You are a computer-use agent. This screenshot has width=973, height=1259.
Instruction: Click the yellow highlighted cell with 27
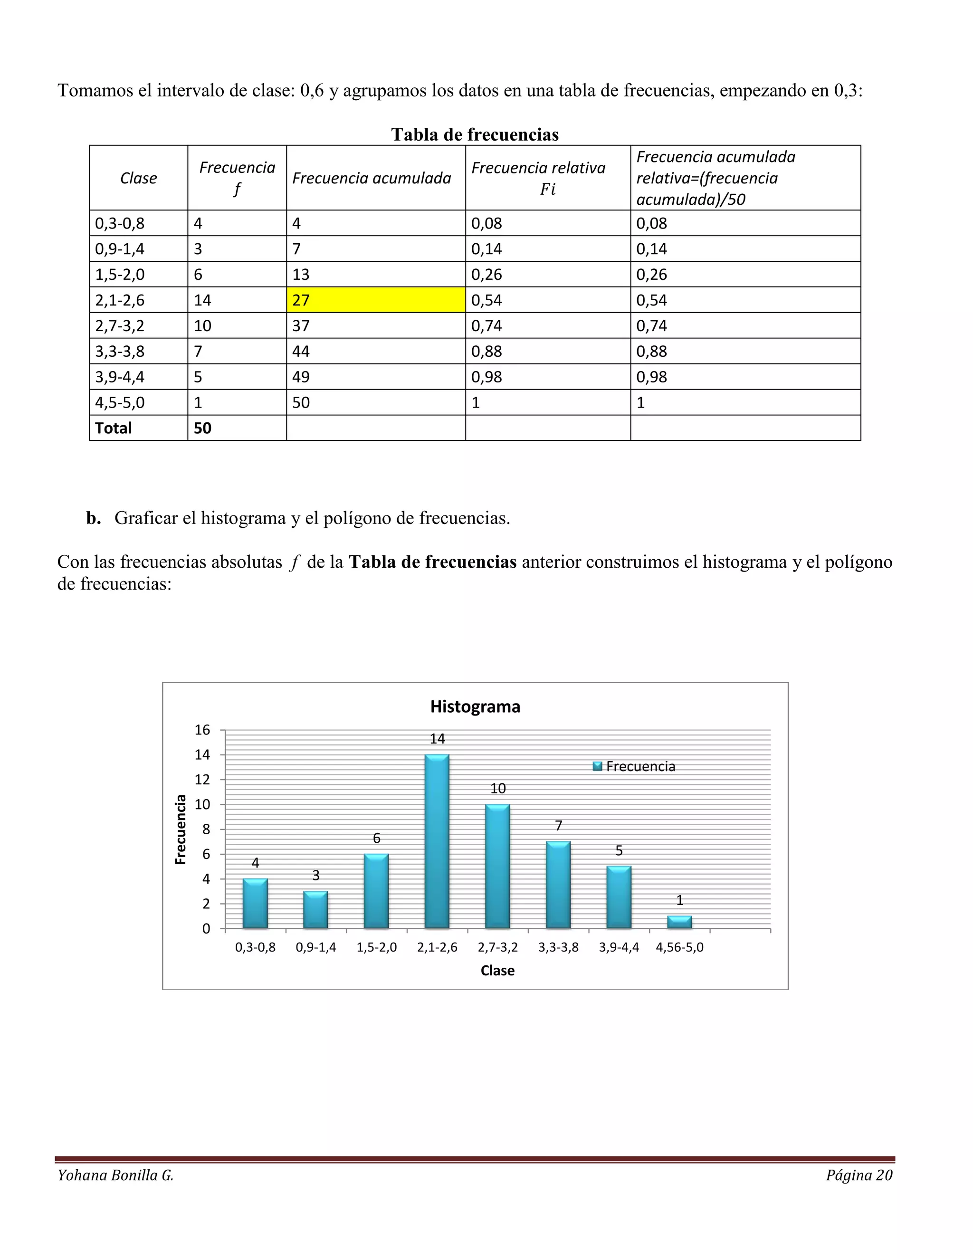tap(375, 300)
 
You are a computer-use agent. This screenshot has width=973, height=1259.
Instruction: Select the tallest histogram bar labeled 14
tap(437, 842)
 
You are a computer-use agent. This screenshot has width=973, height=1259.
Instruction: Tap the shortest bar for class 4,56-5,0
tap(679, 922)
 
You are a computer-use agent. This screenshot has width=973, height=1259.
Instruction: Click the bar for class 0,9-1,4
tap(316, 910)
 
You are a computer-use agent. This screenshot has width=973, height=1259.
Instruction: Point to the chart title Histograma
tap(475, 707)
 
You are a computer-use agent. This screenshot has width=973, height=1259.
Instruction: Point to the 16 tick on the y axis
tap(202, 730)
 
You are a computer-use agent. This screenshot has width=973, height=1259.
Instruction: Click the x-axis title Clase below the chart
tap(497, 971)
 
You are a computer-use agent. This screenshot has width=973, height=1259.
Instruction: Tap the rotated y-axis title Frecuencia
tap(181, 830)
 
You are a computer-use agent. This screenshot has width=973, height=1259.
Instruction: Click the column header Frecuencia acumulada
tap(372, 178)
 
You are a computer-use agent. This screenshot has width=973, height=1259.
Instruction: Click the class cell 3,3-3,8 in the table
tap(120, 351)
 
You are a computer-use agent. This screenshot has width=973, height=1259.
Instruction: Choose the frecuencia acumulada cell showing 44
tap(301, 351)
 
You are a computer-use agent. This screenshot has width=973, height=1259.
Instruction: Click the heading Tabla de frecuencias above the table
tap(475, 134)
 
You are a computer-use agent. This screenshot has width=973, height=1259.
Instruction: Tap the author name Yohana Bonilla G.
tap(115, 1175)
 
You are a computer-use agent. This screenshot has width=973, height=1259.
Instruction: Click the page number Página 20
tap(859, 1175)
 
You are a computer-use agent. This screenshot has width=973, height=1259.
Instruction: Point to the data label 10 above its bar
tap(497, 788)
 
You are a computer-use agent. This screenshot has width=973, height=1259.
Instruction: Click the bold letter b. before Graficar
tap(94, 518)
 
